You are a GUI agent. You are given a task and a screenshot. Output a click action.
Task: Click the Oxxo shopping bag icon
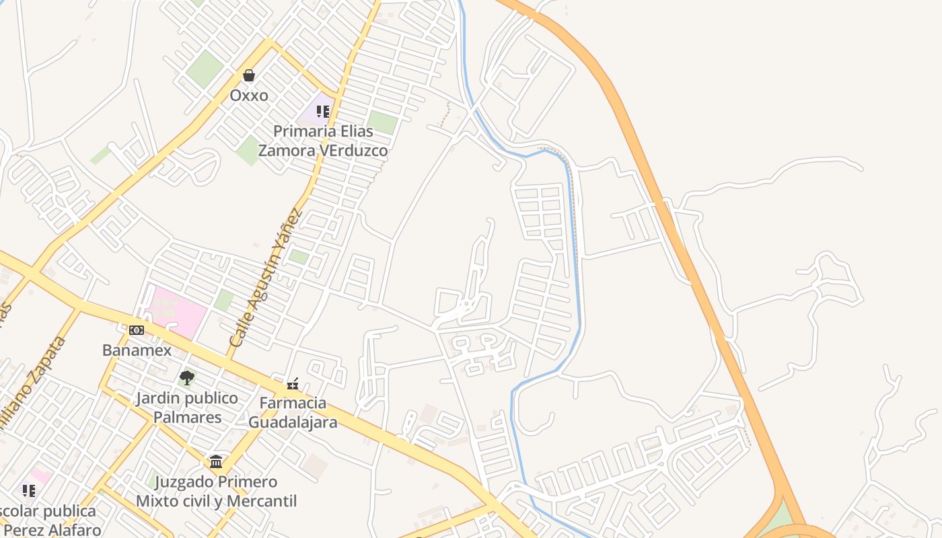point(249,75)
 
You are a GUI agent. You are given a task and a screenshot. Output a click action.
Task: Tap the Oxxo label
point(249,95)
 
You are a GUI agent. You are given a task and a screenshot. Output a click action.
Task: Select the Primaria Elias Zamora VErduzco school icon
point(323,111)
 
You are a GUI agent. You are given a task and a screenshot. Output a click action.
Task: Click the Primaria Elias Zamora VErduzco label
point(323,141)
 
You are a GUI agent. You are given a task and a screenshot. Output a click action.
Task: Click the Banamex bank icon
point(137,330)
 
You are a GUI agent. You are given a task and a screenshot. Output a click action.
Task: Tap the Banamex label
point(137,350)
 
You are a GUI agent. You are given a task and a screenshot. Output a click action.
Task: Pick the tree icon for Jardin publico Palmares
point(187,378)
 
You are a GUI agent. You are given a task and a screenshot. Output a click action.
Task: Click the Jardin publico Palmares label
point(187,408)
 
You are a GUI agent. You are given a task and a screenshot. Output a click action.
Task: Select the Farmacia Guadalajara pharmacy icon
point(293,384)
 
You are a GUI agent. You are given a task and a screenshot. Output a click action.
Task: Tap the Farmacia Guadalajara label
point(293,413)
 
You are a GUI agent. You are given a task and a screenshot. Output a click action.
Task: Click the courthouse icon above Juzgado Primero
point(216,462)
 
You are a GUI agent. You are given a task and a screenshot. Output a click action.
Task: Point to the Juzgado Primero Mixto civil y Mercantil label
point(216,492)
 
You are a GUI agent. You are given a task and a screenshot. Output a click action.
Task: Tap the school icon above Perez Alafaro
point(28,491)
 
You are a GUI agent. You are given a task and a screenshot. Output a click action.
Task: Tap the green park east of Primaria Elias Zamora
point(382,122)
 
